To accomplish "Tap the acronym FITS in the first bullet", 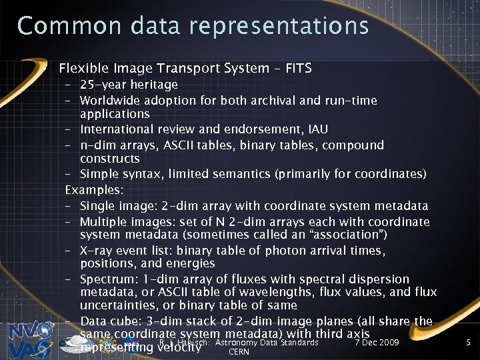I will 297,68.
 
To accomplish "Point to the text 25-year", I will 101,85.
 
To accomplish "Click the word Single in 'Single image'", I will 98,205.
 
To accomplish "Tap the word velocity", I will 178,347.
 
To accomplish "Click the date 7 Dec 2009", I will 377,342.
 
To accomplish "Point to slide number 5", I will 469,343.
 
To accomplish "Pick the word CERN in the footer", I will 238,352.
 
